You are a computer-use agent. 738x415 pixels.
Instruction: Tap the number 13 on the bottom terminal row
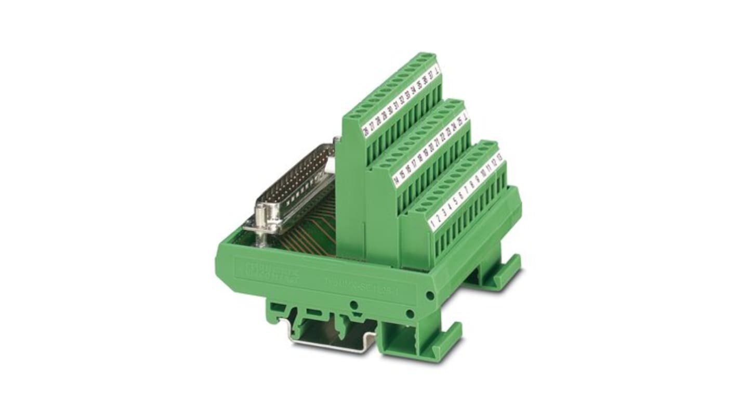(499, 156)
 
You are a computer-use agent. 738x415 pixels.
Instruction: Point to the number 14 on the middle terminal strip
(396, 181)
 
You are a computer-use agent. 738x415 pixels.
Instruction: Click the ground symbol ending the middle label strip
(465, 115)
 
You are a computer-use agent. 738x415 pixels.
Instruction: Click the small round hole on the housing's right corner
(429, 295)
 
